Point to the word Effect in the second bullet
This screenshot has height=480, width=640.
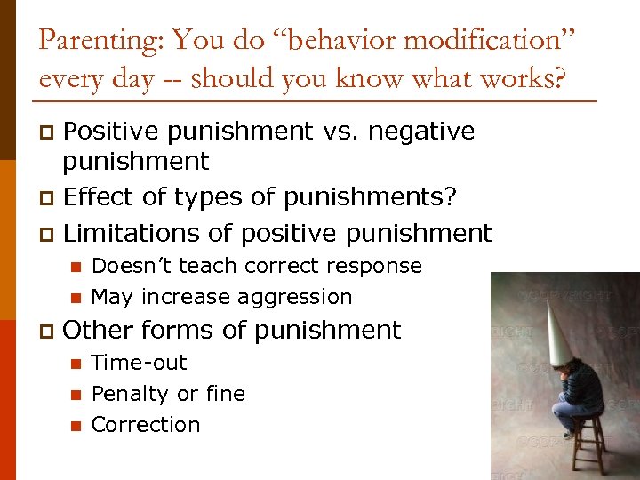pyautogui.click(x=96, y=196)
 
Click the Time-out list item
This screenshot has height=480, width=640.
pyautogui.click(x=140, y=363)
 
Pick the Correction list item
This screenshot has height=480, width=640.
pyautogui.click(x=146, y=425)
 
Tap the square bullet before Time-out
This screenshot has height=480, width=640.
pyautogui.click(x=76, y=364)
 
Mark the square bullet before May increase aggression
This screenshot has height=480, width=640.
pyautogui.click(x=76, y=298)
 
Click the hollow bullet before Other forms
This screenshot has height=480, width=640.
pyautogui.click(x=47, y=332)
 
